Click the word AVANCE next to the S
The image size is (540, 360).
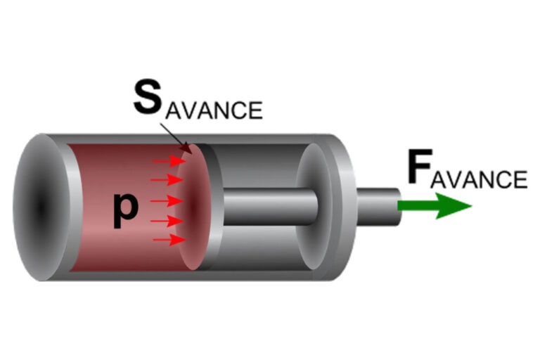[214, 110]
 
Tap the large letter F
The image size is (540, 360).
[420, 167]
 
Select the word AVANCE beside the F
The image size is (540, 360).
[479, 179]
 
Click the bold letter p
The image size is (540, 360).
[126, 210]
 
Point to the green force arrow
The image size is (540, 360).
[435, 206]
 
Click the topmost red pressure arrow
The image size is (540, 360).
[169, 160]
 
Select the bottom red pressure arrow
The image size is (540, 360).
[169, 240]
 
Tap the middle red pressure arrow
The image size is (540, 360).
[167, 200]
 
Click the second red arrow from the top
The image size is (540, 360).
[167, 179]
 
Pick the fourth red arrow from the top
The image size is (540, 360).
[167, 221]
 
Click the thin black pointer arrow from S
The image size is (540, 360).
[176, 138]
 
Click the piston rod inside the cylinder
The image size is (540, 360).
[270, 207]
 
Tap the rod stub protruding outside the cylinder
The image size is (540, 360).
[378, 207]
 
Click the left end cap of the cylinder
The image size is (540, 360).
[41, 207]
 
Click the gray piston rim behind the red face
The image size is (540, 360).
[212, 207]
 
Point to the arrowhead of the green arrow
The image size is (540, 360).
[453, 206]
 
